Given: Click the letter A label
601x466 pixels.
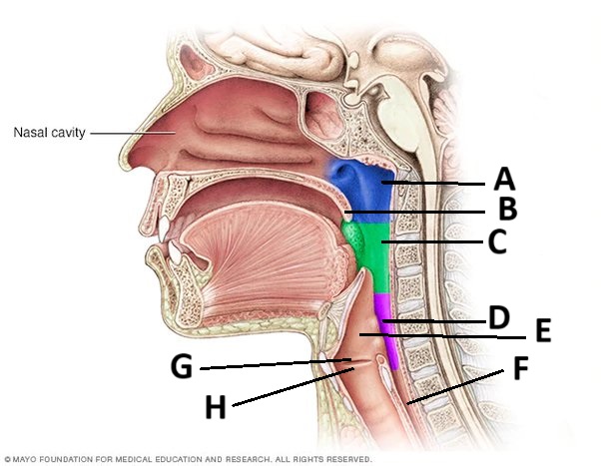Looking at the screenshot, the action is click(x=505, y=180).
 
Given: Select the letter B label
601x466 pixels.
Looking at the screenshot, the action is click(x=507, y=211).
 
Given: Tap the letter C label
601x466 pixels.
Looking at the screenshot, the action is click(x=497, y=241).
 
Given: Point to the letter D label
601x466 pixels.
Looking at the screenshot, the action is click(x=498, y=319).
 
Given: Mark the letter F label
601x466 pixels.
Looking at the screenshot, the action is click(x=519, y=369).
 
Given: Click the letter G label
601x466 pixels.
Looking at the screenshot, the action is click(x=181, y=367).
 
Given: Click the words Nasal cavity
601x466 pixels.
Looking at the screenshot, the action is click(x=49, y=132).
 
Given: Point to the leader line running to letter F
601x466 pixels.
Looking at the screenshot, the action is click(x=459, y=385).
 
